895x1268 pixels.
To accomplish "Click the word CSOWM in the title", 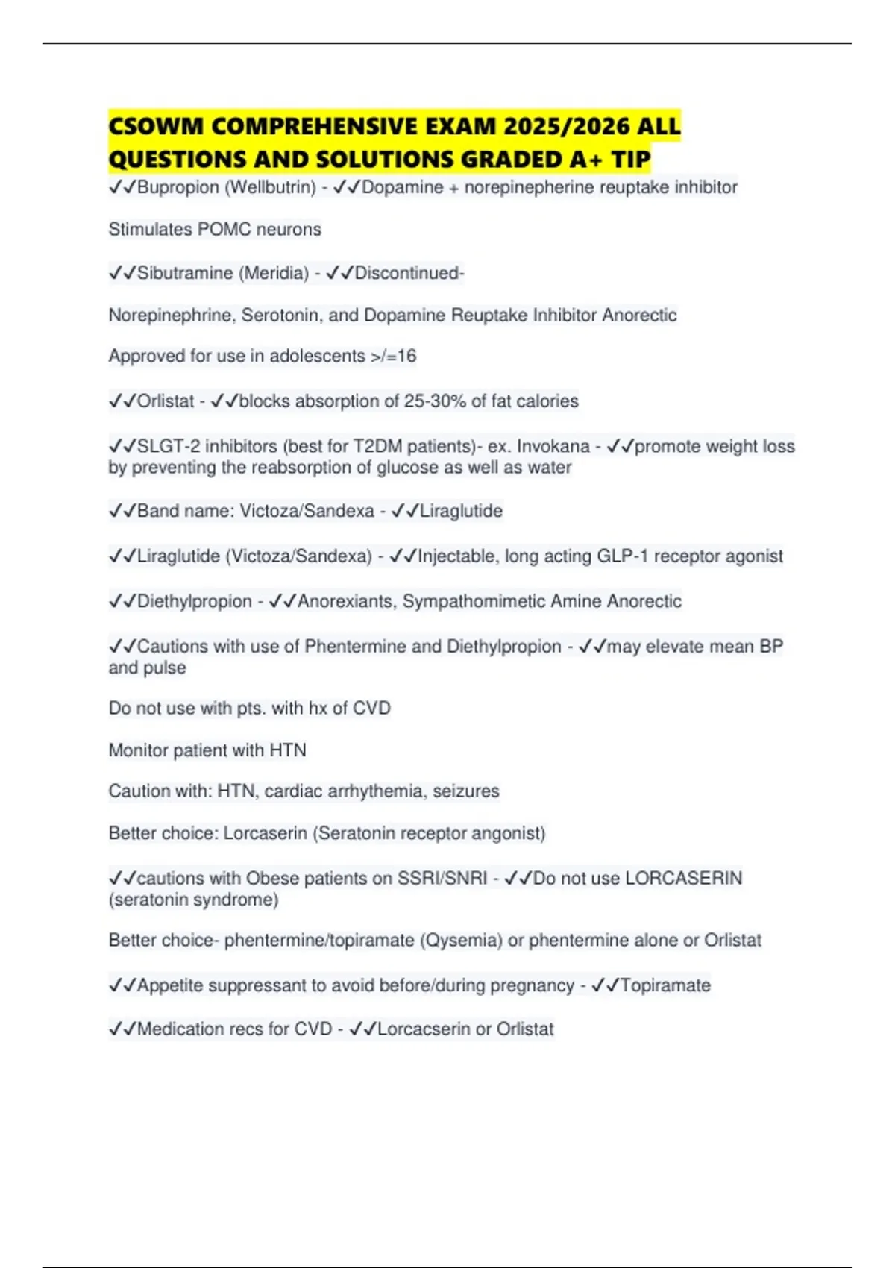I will tap(154, 126).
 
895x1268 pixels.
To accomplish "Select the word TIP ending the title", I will tap(631, 160).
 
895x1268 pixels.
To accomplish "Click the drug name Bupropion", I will tap(178, 187).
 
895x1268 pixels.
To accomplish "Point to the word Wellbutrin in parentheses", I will tap(270, 187).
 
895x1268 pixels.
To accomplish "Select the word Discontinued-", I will tap(409, 274).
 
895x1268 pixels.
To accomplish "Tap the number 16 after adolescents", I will tap(406, 357).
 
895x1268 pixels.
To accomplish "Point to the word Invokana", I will tap(553, 447).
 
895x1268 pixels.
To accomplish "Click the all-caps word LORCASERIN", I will tap(684, 879).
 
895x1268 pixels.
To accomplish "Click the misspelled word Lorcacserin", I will tap(424, 1029).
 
